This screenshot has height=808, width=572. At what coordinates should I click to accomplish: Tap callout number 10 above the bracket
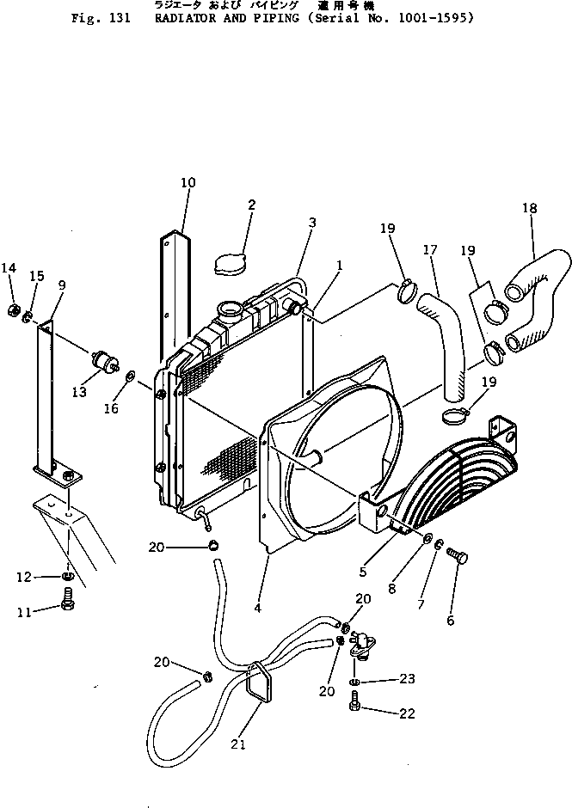pos(188,182)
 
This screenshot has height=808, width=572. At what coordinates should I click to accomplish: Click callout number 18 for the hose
pos(530,208)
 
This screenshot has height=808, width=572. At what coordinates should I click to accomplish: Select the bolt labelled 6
pos(458,560)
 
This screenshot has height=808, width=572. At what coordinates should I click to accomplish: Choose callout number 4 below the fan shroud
pos(256,609)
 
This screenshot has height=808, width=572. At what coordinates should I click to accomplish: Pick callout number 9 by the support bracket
pos(62,285)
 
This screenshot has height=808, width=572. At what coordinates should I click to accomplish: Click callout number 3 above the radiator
pos(312,223)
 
